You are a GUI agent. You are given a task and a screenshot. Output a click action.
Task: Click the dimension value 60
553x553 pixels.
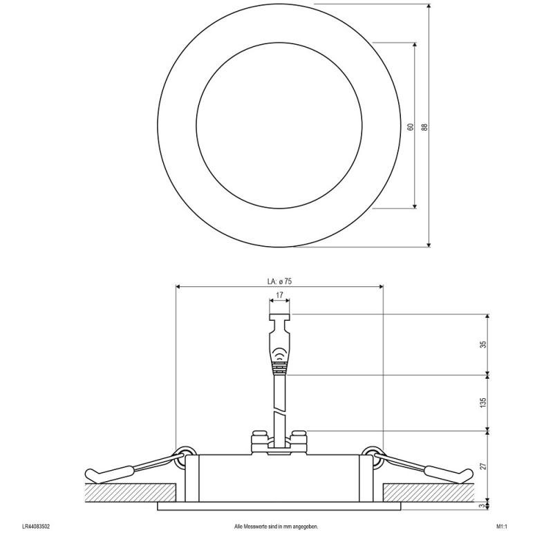[x=411, y=126]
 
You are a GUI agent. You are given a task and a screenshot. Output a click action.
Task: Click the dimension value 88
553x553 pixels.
[x=425, y=126]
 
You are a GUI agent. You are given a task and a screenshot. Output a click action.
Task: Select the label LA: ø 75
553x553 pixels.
[x=279, y=281]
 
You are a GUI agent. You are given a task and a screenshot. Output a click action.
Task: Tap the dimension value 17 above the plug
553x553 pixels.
[x=279, y=295]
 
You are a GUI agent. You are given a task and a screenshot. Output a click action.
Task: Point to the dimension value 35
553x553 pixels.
[x=483, y=344]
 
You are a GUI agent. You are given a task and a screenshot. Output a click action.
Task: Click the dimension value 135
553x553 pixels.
[x=483, y=402]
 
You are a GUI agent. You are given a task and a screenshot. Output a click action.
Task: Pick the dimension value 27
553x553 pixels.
[x=483, y=465]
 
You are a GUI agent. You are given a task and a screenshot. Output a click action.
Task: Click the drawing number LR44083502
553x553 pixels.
[x=36, y=527]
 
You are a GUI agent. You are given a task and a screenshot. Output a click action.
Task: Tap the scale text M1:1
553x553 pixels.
[x=502, y=527]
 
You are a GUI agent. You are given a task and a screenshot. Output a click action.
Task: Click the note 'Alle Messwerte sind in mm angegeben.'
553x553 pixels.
[x=276, y=527]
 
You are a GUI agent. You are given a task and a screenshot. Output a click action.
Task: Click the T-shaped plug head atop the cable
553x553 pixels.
[x=279, y=319]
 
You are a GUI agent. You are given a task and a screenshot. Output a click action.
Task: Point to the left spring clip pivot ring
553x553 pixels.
[x=184, y=454]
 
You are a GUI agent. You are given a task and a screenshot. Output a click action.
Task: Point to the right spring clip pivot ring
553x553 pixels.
[x=374, y=454]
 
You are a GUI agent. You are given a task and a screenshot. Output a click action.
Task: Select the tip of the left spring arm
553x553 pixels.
[x=90, y=474]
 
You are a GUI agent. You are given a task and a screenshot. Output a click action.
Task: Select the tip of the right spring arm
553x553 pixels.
[x=469, y=474]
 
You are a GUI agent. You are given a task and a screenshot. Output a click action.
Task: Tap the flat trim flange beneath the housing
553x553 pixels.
[x=279, y=507]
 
